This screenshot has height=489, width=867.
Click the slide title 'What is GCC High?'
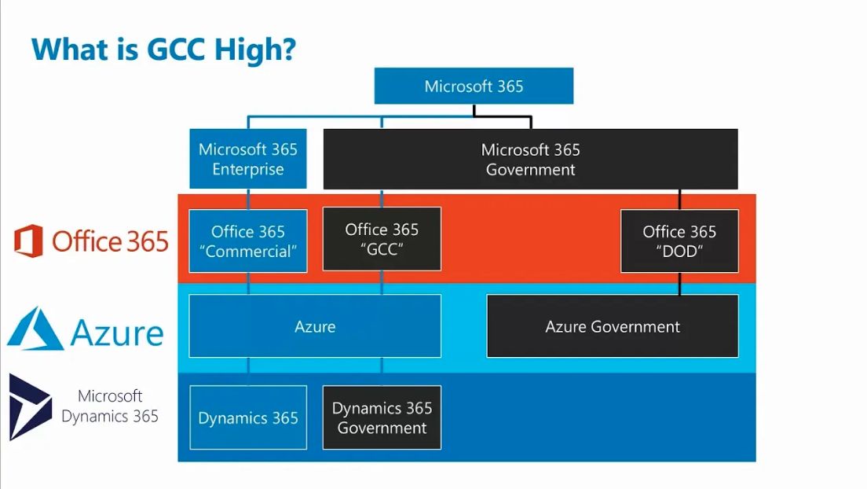[163, 49]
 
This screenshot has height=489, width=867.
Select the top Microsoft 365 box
[474, 86]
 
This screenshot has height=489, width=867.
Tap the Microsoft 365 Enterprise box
[248, 159]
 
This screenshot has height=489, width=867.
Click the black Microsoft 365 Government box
[530, 159]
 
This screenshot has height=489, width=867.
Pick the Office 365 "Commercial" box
[248, 241]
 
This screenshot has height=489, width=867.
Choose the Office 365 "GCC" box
[382, 239]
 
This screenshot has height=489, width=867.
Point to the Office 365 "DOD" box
[679, 241]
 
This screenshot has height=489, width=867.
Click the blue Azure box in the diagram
[315, 326]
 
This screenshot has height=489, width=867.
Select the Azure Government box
[613, 326]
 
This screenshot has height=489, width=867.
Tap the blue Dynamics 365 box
[248, 418]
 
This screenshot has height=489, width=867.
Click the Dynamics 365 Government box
[382, 418]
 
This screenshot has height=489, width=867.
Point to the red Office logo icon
[28, 241]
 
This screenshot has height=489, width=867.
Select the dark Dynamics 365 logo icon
[29, 406]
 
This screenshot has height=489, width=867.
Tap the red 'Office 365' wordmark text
[110, 241]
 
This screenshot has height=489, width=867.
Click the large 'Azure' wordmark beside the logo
[117, 333]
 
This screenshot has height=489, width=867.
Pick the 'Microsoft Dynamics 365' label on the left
[110, 406]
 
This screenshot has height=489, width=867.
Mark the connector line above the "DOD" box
[680, 200]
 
